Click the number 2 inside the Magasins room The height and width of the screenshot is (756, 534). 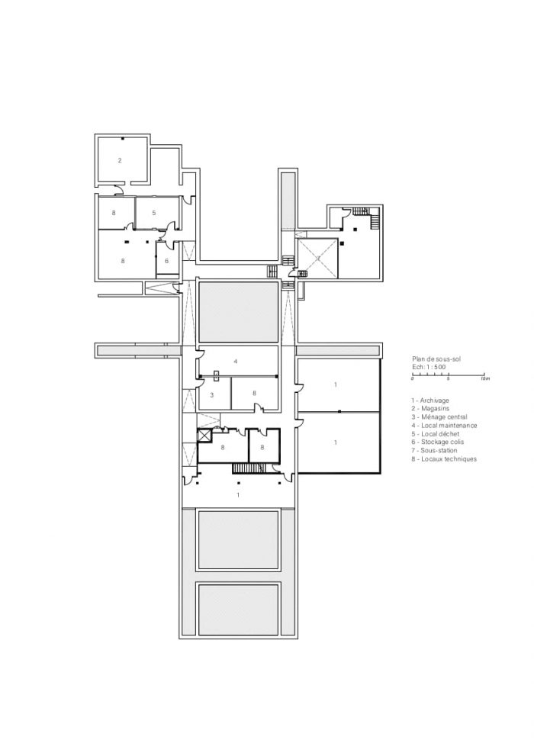pyautogui.click(x=120, y=160)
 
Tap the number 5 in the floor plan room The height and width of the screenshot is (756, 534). pyautogui.click(x=154, y=213)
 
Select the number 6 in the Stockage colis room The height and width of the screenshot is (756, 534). pyautogui.click(x=167, y=261)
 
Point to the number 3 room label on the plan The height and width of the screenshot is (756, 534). pyautogui.click(x=211, y=395)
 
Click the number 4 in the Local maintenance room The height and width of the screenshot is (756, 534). pyautogui.click(x=236, y=361)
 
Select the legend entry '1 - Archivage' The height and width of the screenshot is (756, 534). pyautogui.click(x=430, y=401)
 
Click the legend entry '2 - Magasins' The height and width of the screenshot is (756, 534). pyautogui.click(x=430, y=408)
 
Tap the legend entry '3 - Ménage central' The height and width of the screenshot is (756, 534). pyautogui.click(x=439, y=417)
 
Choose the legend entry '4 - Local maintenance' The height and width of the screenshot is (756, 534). pyautogui.click(x=444, y=425)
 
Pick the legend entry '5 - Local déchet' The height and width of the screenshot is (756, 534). pyautogui.click(x=435, y=434)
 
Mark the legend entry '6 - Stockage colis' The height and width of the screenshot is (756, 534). pyautogui.click(x=438, y=442)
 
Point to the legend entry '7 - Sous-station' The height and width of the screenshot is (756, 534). pyautogui.click(x=434, y=450)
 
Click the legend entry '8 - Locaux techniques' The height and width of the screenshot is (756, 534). pyautogui.click(x=444, y=459)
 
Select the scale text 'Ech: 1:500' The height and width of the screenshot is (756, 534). pyautogui.click(x=429, y=367)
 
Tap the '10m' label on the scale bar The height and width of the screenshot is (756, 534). pyautogui.click(x=485, y=379)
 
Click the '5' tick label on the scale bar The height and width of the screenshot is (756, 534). pyautogui.click(x=449, y=379)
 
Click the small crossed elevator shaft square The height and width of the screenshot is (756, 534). pyautogui.click(x=204, y=436)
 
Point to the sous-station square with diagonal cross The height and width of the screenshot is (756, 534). pyautogui.click(x=317, y=258)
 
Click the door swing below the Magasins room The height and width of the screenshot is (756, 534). pyautogui.click(x=117, y=190)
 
